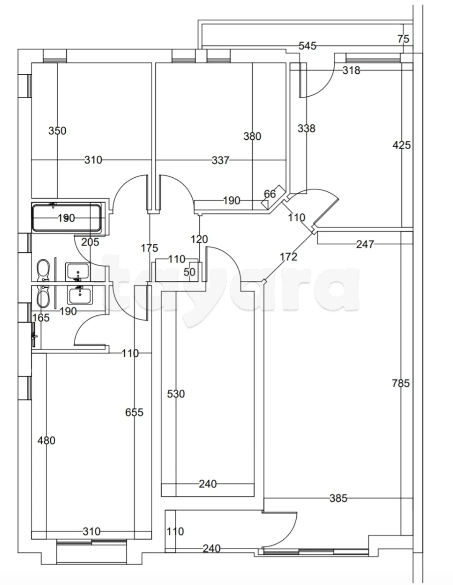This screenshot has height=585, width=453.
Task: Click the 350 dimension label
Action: click(x=57, y=131)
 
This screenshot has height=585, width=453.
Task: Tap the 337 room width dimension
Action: click(x=221, y=161)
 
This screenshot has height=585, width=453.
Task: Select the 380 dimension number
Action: click(x=252, y=136)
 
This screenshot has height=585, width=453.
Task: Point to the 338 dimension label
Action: click(x=306, y=128)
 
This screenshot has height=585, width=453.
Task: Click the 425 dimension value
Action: click(x=401, y=145)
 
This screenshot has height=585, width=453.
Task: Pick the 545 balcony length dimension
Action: click(x=308, y=46)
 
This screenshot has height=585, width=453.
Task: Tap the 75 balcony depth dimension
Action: click(x=404, y=39)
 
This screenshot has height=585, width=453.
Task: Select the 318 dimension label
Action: click(x=352, y=71)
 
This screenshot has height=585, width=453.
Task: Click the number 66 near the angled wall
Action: click(x=270, y=194)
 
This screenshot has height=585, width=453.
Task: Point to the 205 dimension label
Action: click(x=90, y=242)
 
